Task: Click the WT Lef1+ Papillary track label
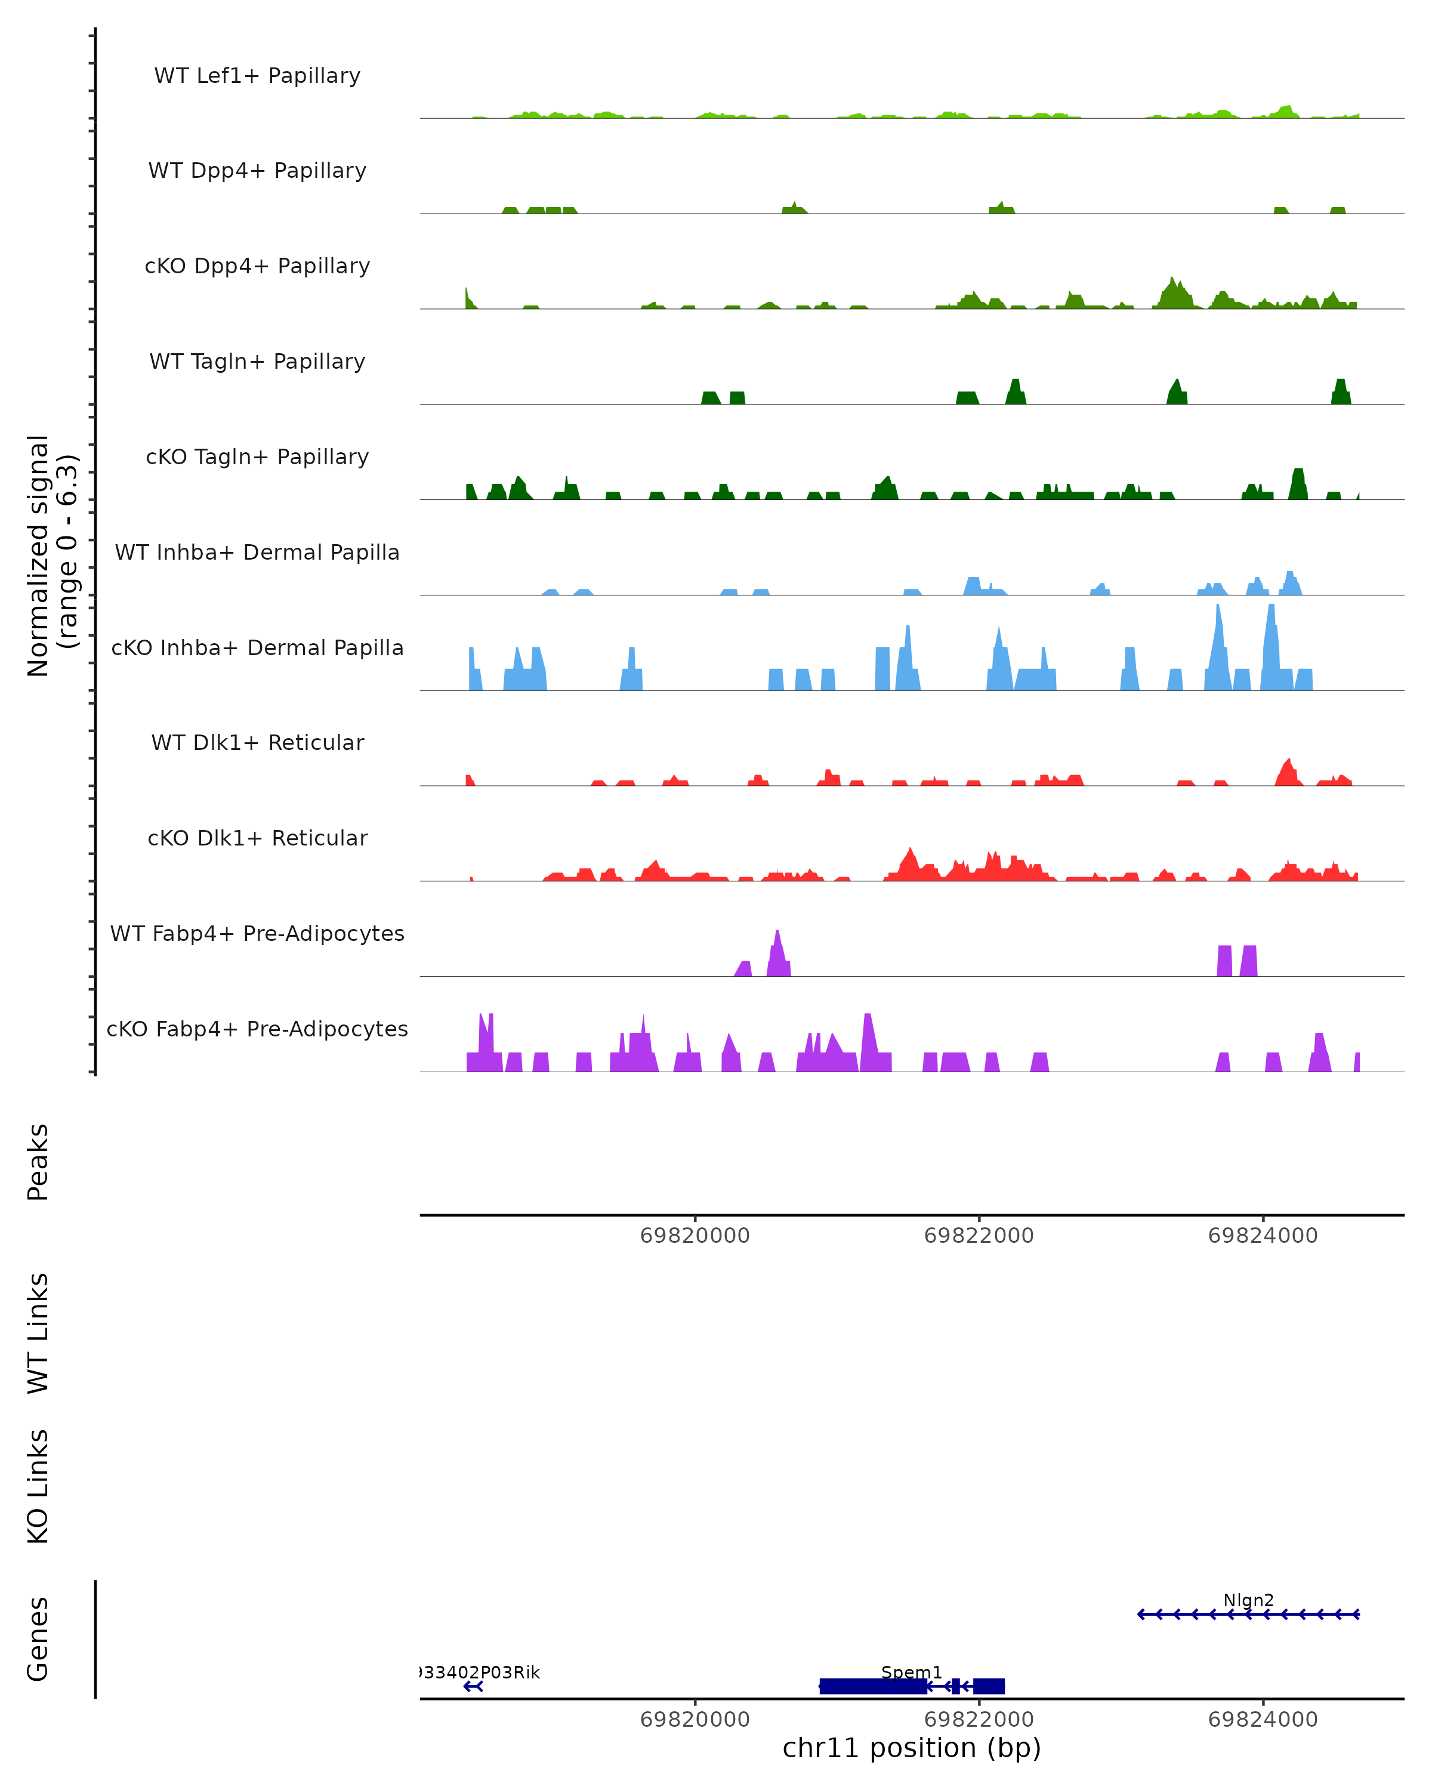point(257,76)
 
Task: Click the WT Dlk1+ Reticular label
point(257,742)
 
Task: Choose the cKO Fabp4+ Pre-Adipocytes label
point(257,1029)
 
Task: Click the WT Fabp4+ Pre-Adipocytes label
point(257,933)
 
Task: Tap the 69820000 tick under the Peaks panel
point(695,1236)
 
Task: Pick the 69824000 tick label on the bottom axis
point(1263,1720)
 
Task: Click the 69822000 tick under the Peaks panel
point(979,1236)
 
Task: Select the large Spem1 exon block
point(872,1686)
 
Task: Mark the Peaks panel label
point(38,1162)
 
